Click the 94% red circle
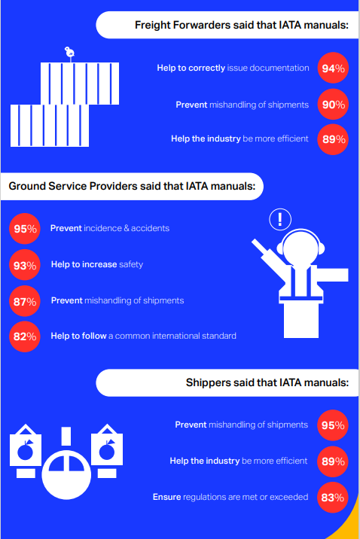[x=333, y=68]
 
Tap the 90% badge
[x=333, y=104]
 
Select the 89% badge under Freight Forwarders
[x=333, y=139]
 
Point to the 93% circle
[x=25, y=265]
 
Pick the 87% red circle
[x=25, y=301]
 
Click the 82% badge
[x=25, y=336]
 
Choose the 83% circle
[x=332, y=497]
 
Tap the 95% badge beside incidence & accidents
[x=25, y=229]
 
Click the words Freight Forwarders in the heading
[x=182, y=25]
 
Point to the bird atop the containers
[x=70, y=52]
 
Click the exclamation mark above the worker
[x=280, y=219]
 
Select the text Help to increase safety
[x=97, y=264]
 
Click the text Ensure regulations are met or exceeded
[x=230, y=497]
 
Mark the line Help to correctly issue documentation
[x=233, y=68]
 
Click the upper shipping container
[x=80, y=84]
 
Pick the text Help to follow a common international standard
[x=143, y=336]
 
